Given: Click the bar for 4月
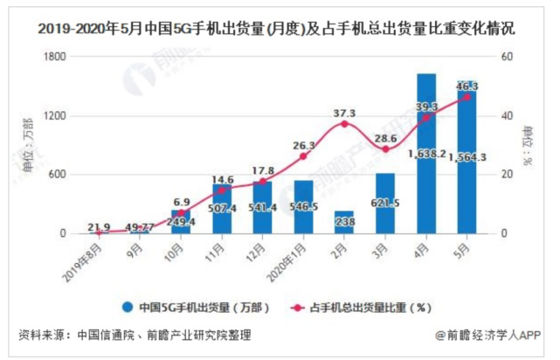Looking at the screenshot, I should pos(426,157).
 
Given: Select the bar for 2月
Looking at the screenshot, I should pos(344,223).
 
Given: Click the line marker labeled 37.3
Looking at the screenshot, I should pos(344,124).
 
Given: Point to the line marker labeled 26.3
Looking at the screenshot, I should pos(303,156).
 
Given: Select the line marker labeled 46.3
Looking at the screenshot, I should pos(467,97).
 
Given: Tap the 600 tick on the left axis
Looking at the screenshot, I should pos(59,175).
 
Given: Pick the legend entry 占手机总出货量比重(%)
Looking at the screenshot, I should pos(368,308).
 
